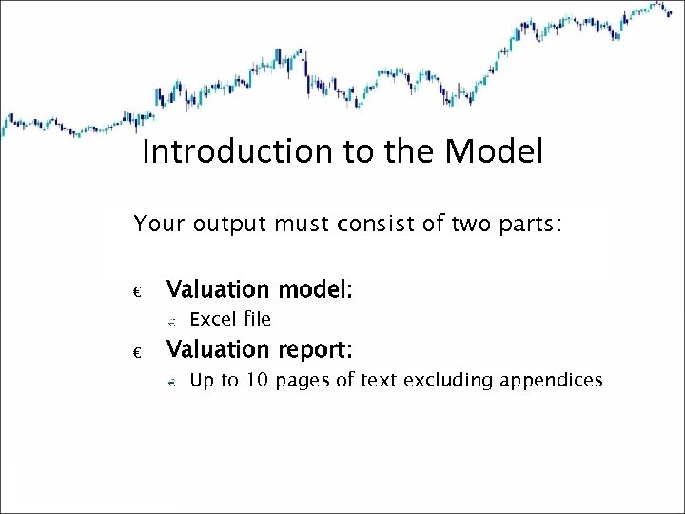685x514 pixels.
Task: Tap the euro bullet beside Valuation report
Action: click(x=138, y=353)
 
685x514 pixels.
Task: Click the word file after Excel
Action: click(x=256, y=319)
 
